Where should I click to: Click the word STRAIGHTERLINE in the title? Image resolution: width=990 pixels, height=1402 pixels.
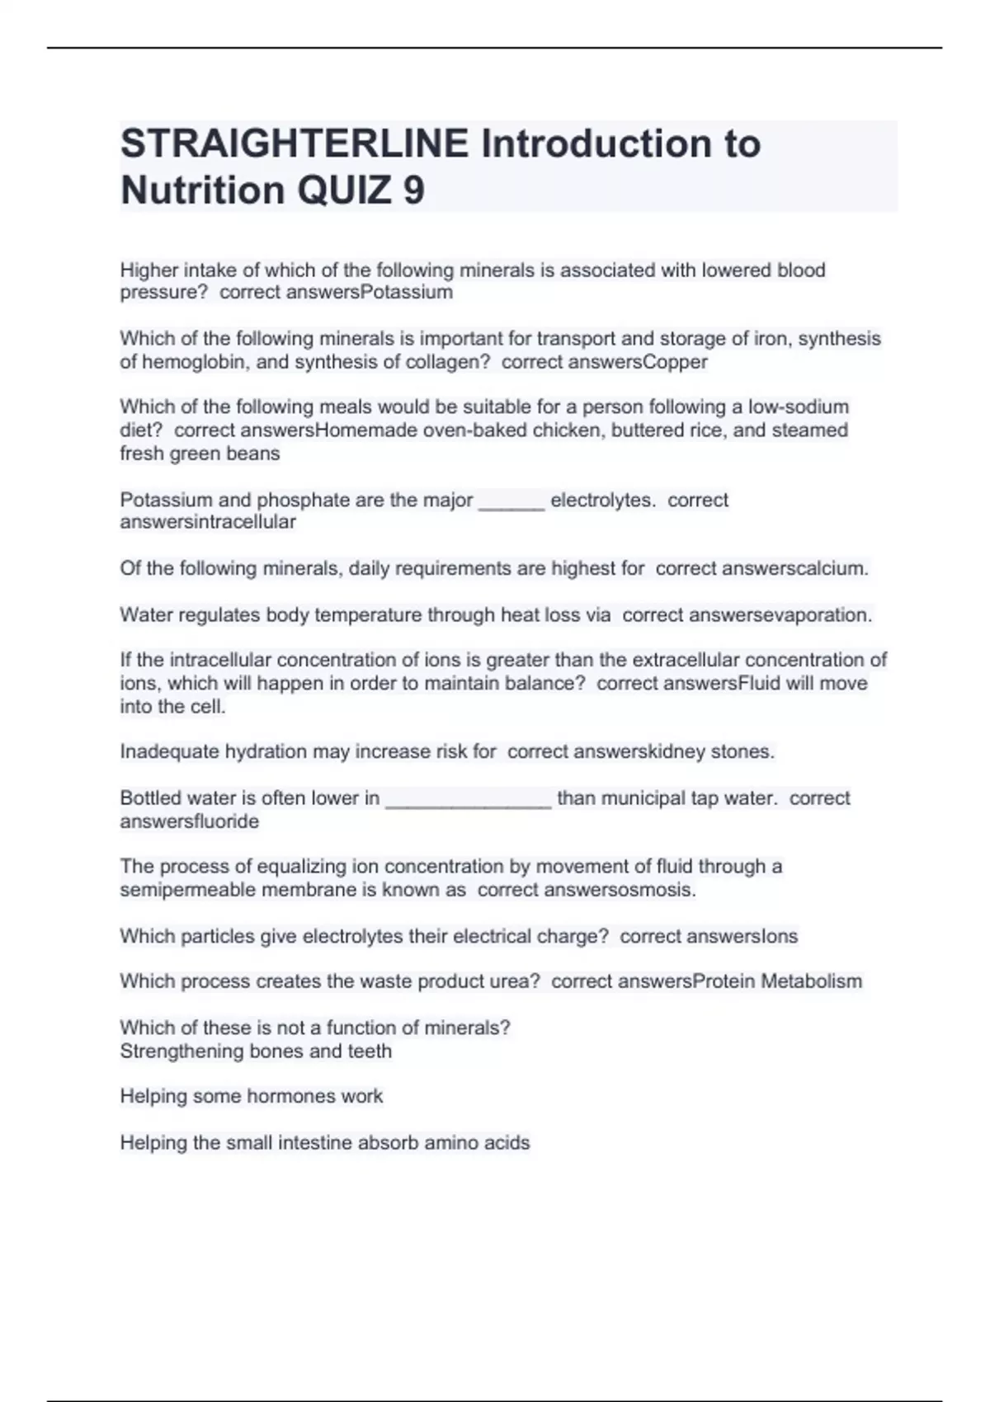coord(295,143)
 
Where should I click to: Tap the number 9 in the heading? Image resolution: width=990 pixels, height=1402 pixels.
coord(414,191)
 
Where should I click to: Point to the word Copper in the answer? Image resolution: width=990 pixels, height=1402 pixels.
coord(675,362)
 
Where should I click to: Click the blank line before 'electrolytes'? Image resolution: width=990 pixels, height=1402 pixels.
coord(511,501)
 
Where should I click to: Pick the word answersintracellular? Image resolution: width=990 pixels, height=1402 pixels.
coord(208,522)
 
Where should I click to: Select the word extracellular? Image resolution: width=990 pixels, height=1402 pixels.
coord(686,660)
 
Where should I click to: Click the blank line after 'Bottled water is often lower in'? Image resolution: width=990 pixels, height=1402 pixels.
coord(468,799)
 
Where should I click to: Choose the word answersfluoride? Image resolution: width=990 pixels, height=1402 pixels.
coord(190,821)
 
